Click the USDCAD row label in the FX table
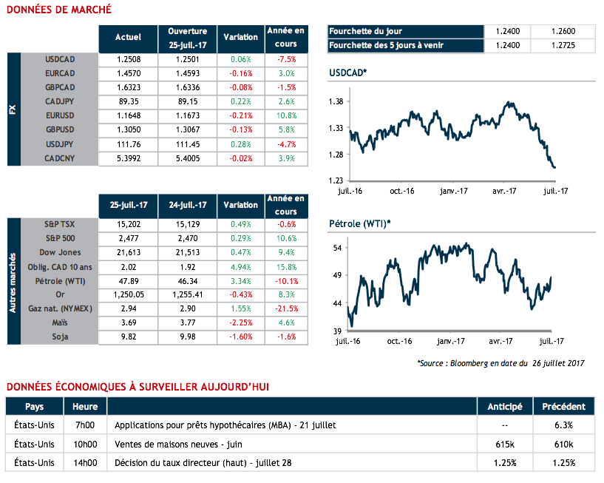coord(61,58)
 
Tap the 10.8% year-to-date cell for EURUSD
coord(285,115)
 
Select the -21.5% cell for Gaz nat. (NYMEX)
coord(285,309)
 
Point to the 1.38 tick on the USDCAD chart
coord(335,101)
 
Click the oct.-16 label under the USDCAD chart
coord(400,191)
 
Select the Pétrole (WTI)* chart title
coord(359,223)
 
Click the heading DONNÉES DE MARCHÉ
coord(58,10)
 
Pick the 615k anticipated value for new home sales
coord(505,445)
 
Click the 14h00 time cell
coord(85,463)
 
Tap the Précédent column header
coord(563,407)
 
